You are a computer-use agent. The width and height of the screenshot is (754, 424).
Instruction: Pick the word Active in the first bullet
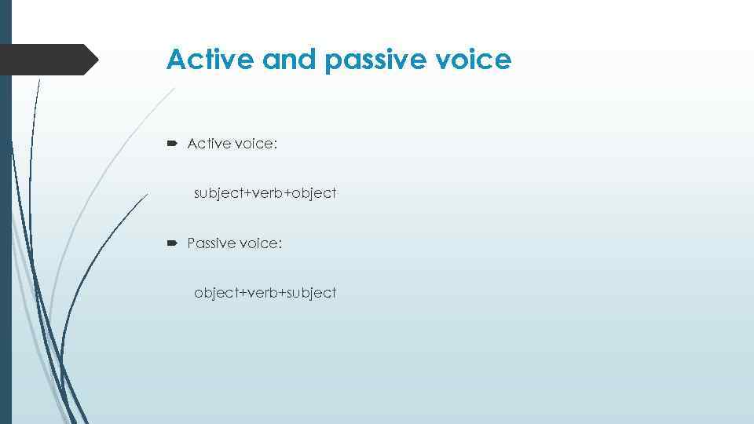point(208,143)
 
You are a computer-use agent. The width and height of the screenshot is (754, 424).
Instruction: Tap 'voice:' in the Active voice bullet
point(258,143)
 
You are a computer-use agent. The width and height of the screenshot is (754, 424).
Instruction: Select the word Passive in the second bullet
point(210,243)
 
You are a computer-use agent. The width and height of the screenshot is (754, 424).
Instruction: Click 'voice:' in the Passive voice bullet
point(260,243)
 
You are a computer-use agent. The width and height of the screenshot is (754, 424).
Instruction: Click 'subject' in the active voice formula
point(218,193)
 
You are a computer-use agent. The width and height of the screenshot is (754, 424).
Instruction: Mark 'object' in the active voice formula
point(314,193)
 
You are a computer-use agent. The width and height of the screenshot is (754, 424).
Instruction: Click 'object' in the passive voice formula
point(216,294)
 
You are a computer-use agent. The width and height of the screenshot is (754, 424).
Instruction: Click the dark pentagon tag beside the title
point(47,60)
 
